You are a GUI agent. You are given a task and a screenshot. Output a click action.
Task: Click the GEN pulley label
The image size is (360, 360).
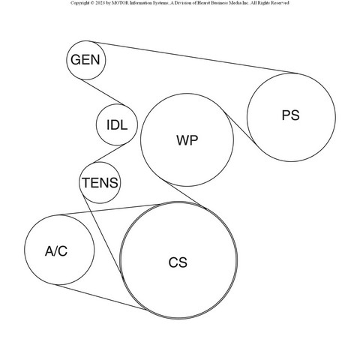[x=85, y=60]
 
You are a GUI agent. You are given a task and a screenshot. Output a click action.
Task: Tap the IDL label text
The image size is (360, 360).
[x=117, y=125]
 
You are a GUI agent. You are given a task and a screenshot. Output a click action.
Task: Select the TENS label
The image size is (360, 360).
[x=100, y=183]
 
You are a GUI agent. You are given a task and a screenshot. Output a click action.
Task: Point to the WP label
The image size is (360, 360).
[x=187, y=140]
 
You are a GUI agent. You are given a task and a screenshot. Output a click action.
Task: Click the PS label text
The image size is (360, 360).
[x=290, y=115]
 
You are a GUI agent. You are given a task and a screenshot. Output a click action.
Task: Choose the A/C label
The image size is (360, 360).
[x=56, y=251]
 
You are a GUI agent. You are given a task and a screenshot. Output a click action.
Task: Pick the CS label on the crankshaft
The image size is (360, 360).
[x=178, y=262]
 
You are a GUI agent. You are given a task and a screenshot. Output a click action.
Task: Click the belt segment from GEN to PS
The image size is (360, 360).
[x=193, y=57]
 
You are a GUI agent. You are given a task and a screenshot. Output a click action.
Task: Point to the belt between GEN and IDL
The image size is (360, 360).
[x=103, y=91]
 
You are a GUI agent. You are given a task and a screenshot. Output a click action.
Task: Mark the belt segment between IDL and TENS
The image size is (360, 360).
[x=109, y=153]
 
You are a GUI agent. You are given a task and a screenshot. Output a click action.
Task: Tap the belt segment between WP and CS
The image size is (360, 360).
[x=187, y=195]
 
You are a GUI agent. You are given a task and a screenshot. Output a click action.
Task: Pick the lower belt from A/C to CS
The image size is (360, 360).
[x=101, y=297]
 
